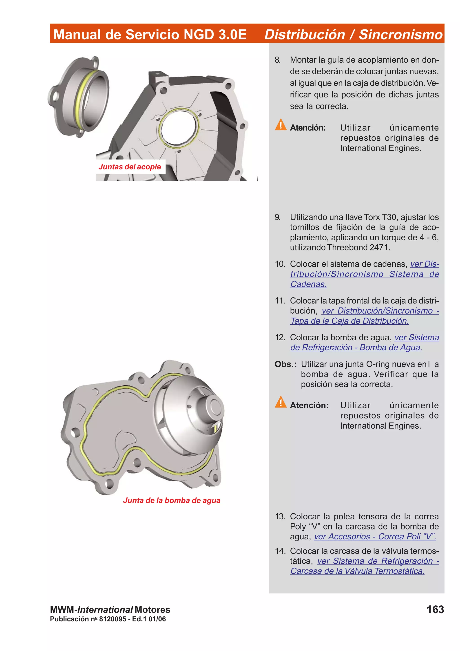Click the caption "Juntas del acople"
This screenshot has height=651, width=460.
click(130, 166)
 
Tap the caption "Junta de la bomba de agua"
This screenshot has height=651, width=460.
click(171, 500)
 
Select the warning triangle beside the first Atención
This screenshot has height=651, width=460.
click(280, 125)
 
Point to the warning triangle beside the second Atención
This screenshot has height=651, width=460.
click(280, 402)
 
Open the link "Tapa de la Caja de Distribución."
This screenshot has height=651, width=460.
click(349, 321)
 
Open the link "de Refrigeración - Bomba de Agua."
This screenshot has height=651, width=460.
click(356, 347)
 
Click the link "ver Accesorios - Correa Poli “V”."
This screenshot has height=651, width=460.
click(375, 536)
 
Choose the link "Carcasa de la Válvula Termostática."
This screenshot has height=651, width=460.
click(357, 571)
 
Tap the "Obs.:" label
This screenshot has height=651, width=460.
click(285, 364)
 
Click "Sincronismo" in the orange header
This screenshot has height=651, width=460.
click(400, 35)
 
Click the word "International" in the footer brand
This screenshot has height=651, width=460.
click(105, 610)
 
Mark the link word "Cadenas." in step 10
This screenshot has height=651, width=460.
click(308, 284)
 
